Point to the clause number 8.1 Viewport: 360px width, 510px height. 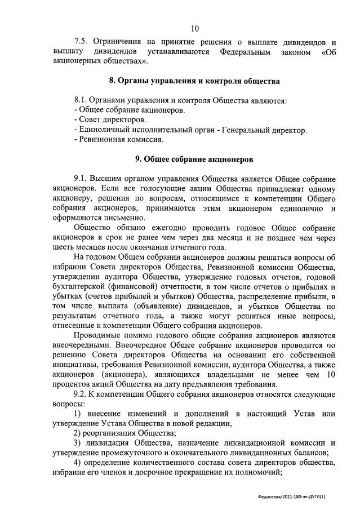[x=82, y=100]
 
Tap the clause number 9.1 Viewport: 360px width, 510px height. [x=82, y=179]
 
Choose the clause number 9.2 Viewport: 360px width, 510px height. [x=82, y=393]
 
